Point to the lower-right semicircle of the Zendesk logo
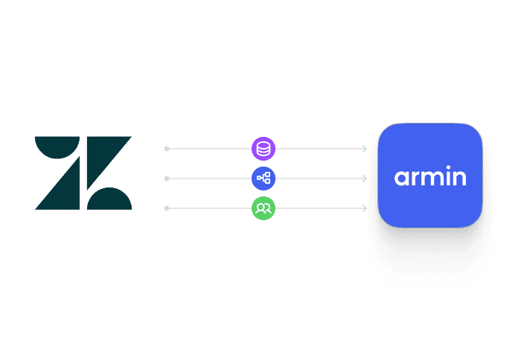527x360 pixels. (109, 199)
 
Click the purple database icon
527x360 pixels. (263, 149)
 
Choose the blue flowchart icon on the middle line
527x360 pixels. (263, 179)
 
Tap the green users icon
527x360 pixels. (263, 208)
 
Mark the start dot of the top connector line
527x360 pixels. (166, 149)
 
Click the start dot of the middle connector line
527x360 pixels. (166, 179)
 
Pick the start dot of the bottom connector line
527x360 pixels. (166, 208)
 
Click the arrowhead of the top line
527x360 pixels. (365, 149)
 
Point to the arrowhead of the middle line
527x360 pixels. (365, 179)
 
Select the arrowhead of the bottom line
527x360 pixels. (365, 208)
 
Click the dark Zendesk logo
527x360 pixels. (83, 173)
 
